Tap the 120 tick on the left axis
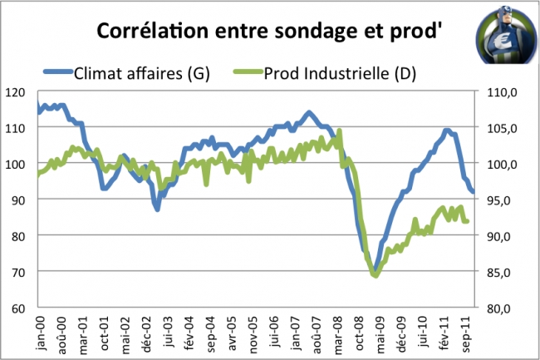(x=18, y=91)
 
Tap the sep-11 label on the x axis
(x=469, y=329)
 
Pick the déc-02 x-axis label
(x=147, y=329)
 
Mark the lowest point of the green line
(x=375, y=274)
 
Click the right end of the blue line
(x=473, y=192)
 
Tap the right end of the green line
(x=468, y=221)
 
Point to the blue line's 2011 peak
(x=447, y=130)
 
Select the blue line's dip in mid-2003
(x=157, y=209)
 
